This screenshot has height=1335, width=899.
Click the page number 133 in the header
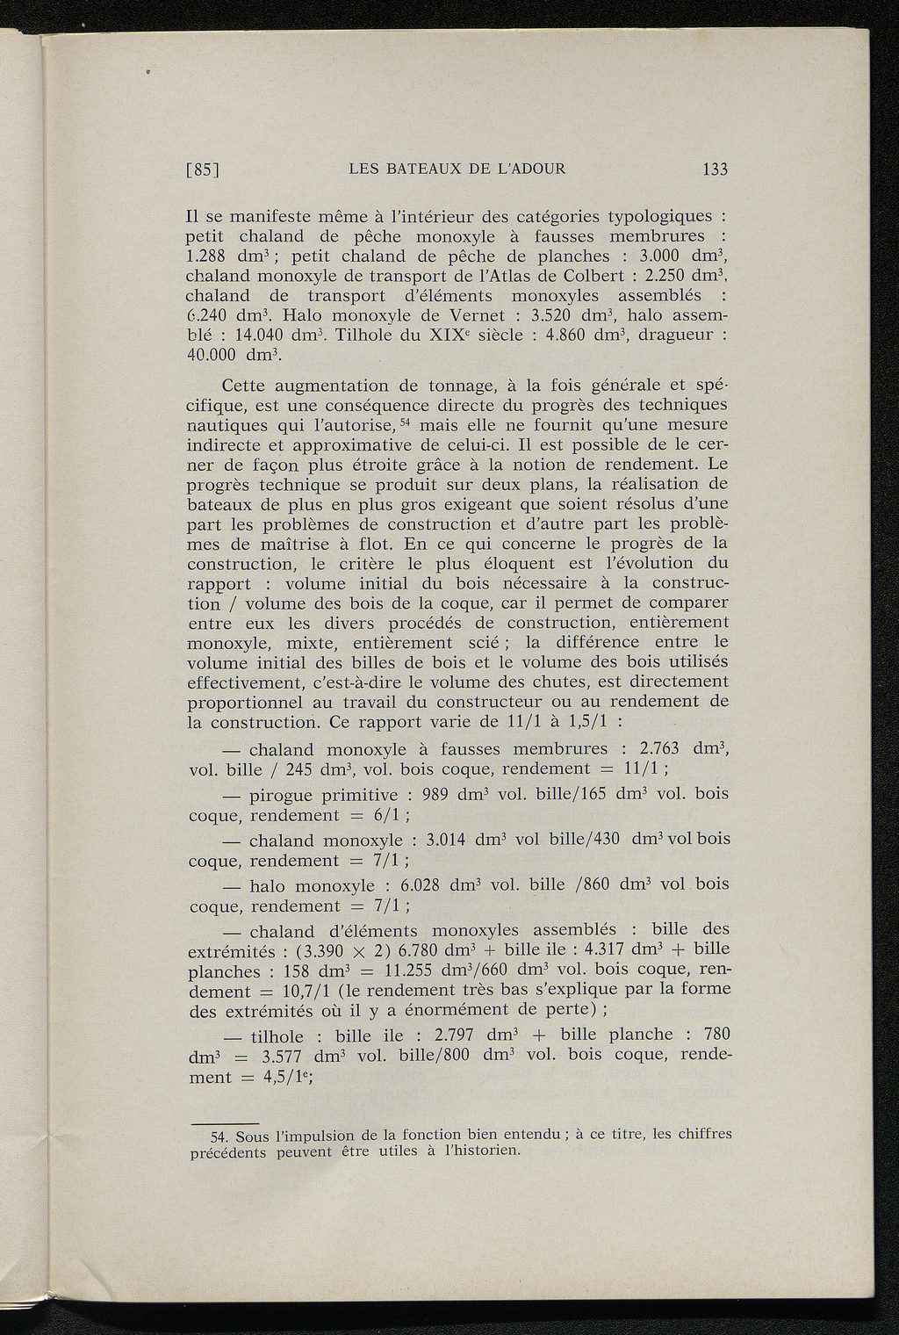point(716,170)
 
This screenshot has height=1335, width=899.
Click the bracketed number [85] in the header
point(204,170)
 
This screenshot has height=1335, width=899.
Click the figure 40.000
point(215,356)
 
